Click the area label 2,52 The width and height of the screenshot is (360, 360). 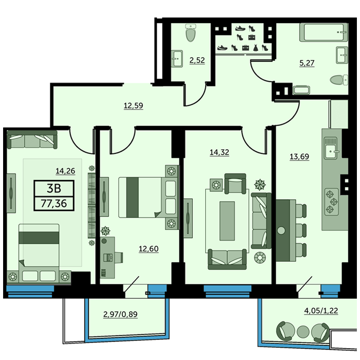coord(197,60)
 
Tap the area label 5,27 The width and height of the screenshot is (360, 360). coord(307,63)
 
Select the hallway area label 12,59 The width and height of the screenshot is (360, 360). coord(133,105)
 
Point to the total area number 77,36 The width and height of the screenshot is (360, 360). coord(54,204)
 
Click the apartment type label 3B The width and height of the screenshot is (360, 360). coord(54,188)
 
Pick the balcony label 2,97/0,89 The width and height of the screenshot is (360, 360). coord(120,314)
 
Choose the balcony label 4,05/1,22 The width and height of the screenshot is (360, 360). coord(321,311)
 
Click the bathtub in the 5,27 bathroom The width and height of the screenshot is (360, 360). coord(323,32)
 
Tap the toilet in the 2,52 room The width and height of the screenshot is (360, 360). coord(191,33)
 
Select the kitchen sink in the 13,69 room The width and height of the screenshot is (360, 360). coord(331,148)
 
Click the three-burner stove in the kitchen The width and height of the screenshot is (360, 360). coord(332,202)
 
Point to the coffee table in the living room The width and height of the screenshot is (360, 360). coord(227,221)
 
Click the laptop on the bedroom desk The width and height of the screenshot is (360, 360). coord(108,257)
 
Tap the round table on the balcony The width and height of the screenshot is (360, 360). coord(303,331)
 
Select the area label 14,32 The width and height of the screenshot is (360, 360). coord(219,152)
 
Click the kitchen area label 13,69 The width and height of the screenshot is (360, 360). coord(299,156)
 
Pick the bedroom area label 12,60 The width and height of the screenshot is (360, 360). coord(149,248)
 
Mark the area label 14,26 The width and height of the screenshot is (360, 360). coord(65,171)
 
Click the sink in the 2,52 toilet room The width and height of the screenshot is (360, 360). coord(177,59)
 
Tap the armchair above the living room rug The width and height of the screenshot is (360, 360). coord(235,183)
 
